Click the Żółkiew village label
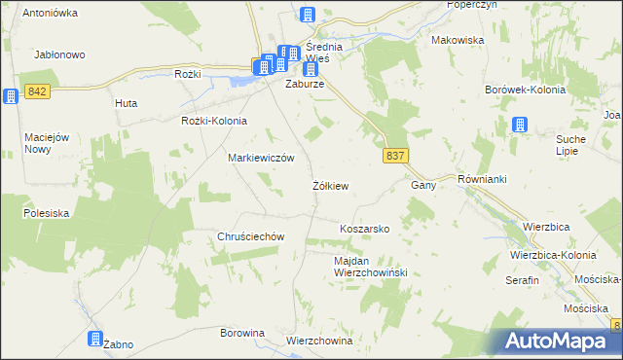tap(330, 185)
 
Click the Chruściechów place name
tap(250, 236)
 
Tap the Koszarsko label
tap(364, 229)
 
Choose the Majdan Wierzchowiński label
tap(369, 267)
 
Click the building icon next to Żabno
tap(95, 340)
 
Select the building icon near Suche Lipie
tap(520, 125)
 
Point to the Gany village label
tap(422, 185)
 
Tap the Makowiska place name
tap(458, 41)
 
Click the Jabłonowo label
tap(60, 55)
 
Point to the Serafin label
tap(522, 280)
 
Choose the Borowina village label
tap(242, 334)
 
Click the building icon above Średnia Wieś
tap(307, 15)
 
